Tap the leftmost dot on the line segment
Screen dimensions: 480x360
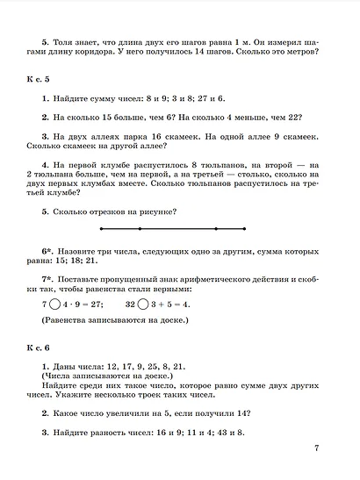pos(103,230)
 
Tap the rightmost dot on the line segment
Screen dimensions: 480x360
pos(244,230)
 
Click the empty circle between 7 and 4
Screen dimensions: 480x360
pos(56,304)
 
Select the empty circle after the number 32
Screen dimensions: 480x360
pos(142,304)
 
